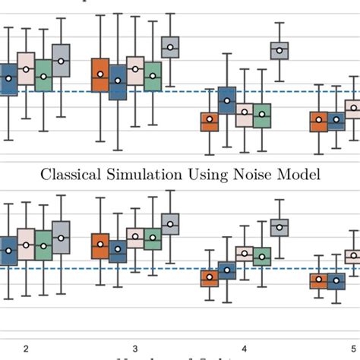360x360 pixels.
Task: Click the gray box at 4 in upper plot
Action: pyautogui.click(x=279, y=50)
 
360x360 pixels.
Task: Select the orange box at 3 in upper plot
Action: pyautogui.click(x=100, y=74)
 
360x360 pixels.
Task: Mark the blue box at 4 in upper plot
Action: pyautogui.click(x=226, y=99)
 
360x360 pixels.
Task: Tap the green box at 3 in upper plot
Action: pyautogui.click(x=153, y=76)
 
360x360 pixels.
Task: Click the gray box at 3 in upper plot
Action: pyautogui.click(x=171, y=48)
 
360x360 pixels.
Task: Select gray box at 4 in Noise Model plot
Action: pyautogui.click(x=279, y=227)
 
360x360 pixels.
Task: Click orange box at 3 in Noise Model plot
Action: pyautogui.click(x=100, y=245)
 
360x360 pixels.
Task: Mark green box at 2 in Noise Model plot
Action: pyautogui.click(x=43, y=242)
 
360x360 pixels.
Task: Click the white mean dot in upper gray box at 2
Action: pyautogui.click(x=62, y=60)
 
